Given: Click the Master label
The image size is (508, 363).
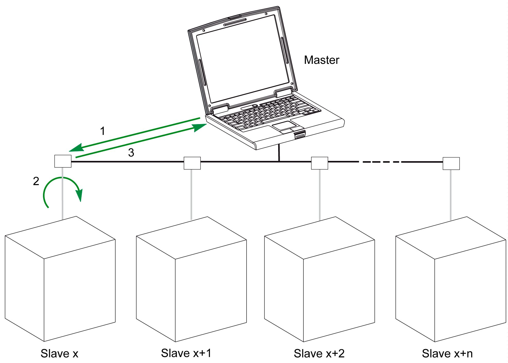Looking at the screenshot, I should tap(321, 60).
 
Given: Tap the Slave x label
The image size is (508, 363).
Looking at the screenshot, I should tap(59, 353).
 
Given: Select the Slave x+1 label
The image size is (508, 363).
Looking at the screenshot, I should tap(186, 353).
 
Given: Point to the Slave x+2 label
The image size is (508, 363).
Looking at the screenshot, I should tap(319, 353).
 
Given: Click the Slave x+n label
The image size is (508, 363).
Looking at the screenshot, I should tap(447, 353).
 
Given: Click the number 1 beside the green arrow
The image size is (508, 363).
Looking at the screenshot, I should tap(102, 131).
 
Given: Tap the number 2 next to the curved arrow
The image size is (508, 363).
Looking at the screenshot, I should tap(36, 181).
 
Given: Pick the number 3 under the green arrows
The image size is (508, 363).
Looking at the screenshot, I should tap(131, 153).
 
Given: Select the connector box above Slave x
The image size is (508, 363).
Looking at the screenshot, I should tap(63, 161).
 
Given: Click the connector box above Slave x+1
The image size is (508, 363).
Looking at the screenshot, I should tap(192, 163).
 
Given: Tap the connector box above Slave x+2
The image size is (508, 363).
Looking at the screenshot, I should tap(319, 163).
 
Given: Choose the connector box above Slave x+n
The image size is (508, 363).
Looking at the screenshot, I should tap(451, 163).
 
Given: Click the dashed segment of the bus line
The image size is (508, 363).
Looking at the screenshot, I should tap(381, 162).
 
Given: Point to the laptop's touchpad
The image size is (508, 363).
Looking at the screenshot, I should tap(284, 126).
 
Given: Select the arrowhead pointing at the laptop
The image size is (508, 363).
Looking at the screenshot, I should tap(200, 127).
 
